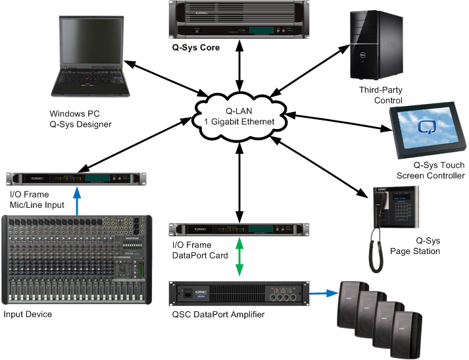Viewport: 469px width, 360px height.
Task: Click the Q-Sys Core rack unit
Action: point(237,20)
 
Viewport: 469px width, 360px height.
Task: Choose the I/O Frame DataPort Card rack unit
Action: point(239,229)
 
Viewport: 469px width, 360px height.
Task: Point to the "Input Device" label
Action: point(28,315)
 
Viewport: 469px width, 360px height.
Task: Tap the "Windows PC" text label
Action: point(72,113)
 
